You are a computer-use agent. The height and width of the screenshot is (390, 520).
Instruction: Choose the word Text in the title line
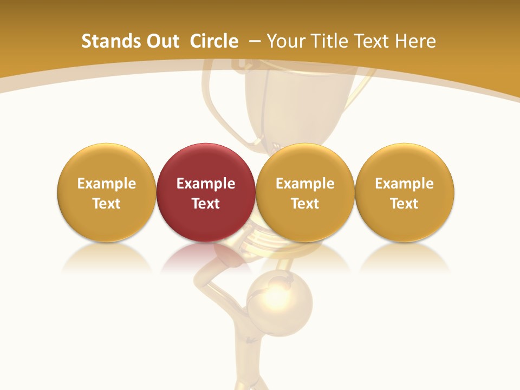coord(374,41)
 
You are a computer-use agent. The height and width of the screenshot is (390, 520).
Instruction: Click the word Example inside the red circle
coord(206,184)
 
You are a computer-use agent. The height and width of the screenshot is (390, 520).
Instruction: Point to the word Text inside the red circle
coord(206,204)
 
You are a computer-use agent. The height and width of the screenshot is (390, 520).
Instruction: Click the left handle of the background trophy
coord(214,103)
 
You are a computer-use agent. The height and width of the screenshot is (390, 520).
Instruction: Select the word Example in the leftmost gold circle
coord(107,184)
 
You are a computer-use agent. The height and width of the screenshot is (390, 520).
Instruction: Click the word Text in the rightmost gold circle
coord(405,204)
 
